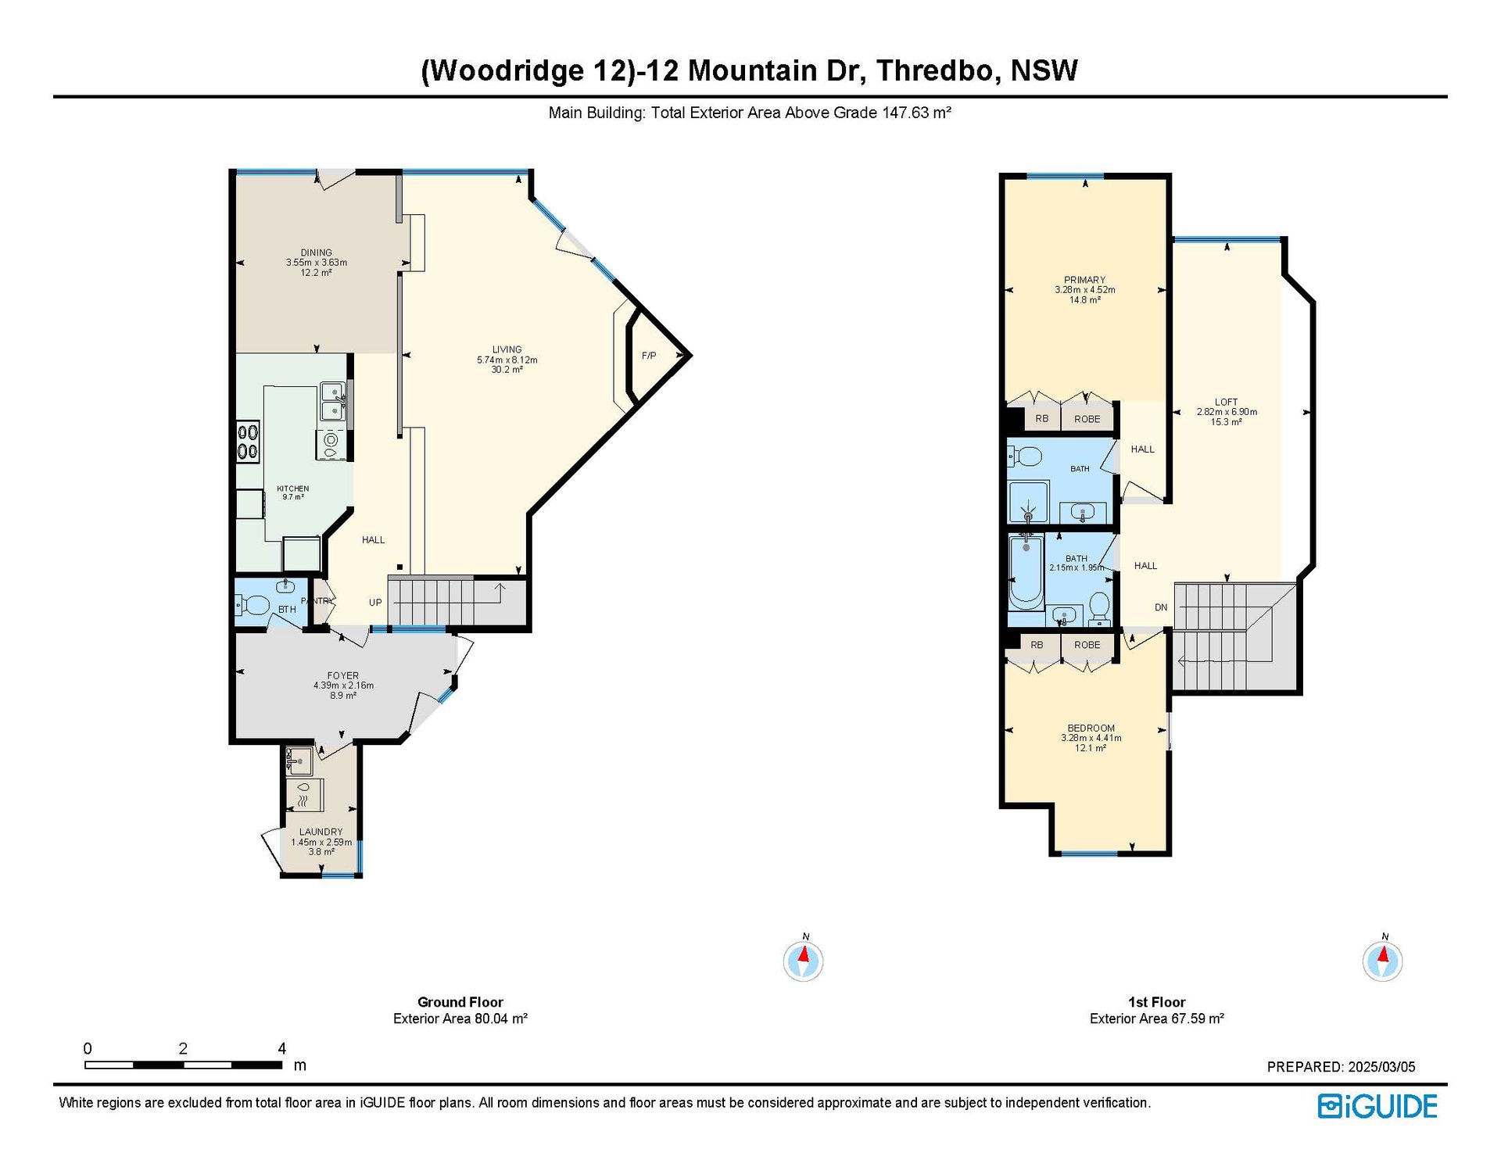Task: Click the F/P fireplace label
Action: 649,356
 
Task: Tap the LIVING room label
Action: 507,349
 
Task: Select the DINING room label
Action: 317,252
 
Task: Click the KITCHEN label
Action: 293,489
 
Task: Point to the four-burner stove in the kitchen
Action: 248,442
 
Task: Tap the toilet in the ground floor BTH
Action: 251,604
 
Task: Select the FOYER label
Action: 343,675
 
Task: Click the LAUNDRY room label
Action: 321,832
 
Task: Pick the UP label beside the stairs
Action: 376,603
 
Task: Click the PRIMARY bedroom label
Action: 1085,280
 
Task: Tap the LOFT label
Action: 1227,402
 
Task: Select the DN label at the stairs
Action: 1162,607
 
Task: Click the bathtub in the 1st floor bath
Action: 1026,572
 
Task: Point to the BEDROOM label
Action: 1091,728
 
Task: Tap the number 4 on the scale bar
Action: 281,1049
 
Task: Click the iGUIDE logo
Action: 1377,1107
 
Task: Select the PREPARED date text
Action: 1341,1067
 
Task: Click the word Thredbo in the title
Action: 935,70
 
